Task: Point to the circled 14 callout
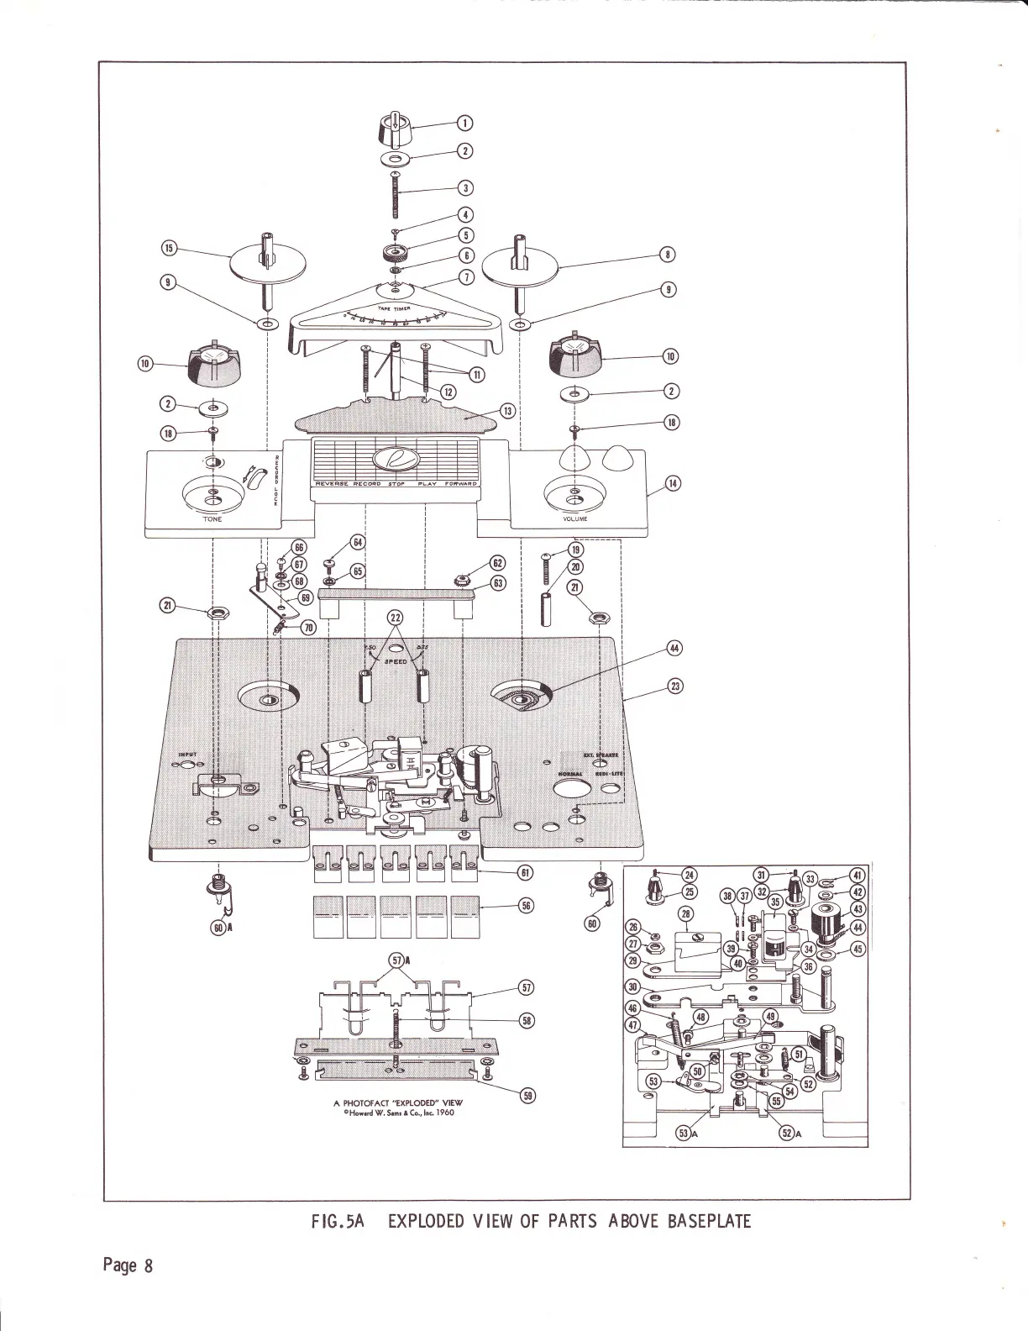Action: pos(673,483)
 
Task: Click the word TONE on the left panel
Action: pos(212,519)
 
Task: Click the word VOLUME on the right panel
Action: pos(576,518)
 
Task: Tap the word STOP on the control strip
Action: pos(396,484)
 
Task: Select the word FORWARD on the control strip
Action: pos(460,484)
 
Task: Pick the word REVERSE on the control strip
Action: pos(332,484)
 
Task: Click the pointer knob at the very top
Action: pos(393,131)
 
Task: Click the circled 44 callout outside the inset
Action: pos(673,647)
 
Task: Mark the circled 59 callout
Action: pos(528,1095)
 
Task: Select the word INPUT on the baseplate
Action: pos(186,755)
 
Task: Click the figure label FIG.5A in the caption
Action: pos(337,1221)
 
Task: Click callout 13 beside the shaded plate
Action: pos(507,411)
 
